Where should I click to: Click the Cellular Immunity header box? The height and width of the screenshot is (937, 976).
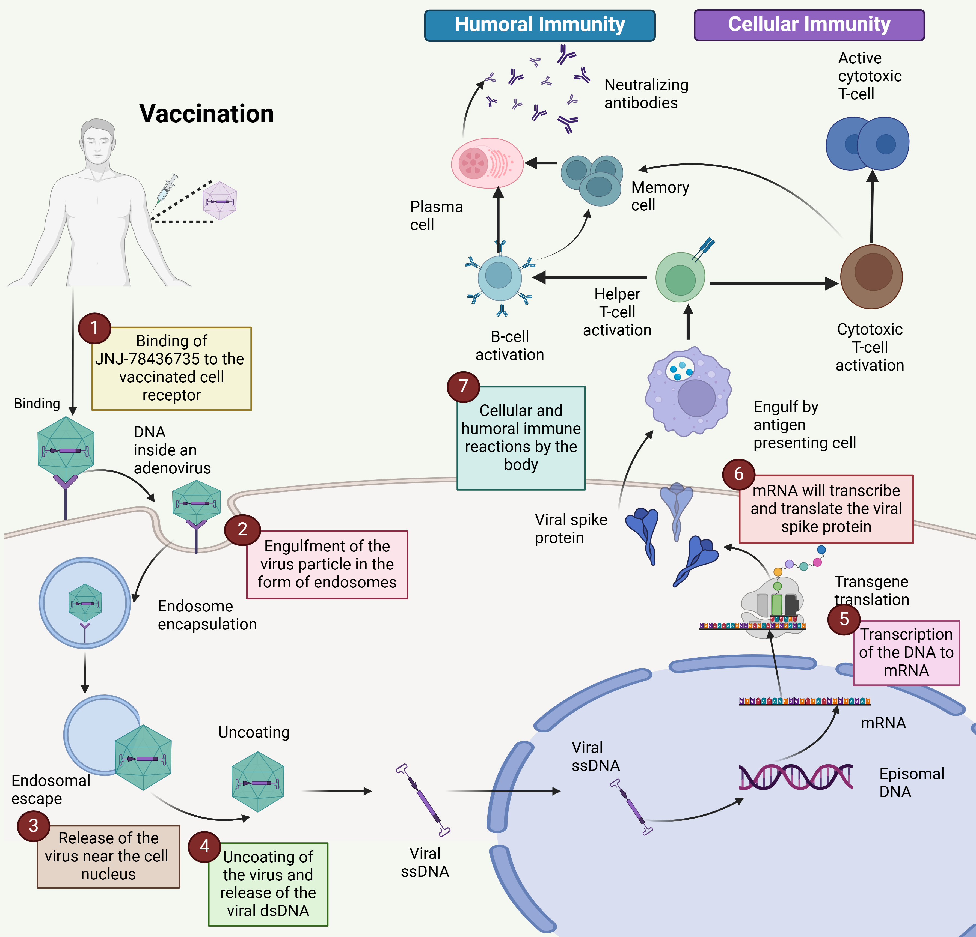click(809, 25)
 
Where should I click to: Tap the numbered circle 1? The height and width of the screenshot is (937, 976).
click(94, 328)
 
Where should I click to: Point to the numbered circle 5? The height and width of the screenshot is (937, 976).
click(844, 619)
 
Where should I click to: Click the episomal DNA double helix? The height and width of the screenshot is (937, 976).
click(795, 777)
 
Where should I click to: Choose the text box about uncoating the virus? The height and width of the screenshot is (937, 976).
click(268, 884)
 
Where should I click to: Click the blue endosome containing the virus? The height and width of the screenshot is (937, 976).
click(85, 602)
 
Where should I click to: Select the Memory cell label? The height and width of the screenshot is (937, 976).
click(660, 196)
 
